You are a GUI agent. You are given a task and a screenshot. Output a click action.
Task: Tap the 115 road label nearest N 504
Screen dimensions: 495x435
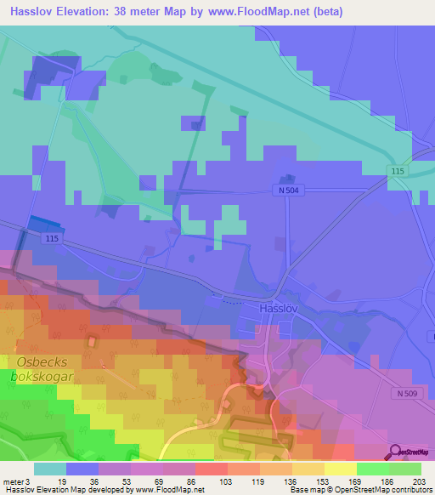pyautogui.click(x=398, y=172)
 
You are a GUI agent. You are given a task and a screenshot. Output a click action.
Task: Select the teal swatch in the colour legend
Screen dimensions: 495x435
pyautogui.click(x=50, y=469)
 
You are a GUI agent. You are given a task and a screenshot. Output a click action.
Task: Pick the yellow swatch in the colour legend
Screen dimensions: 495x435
pyautogui.click(x=341, y=469)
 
